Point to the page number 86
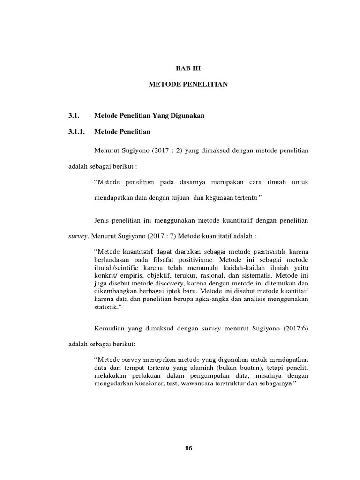(x=188, y=448)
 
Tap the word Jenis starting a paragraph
(x=102, y=220)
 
